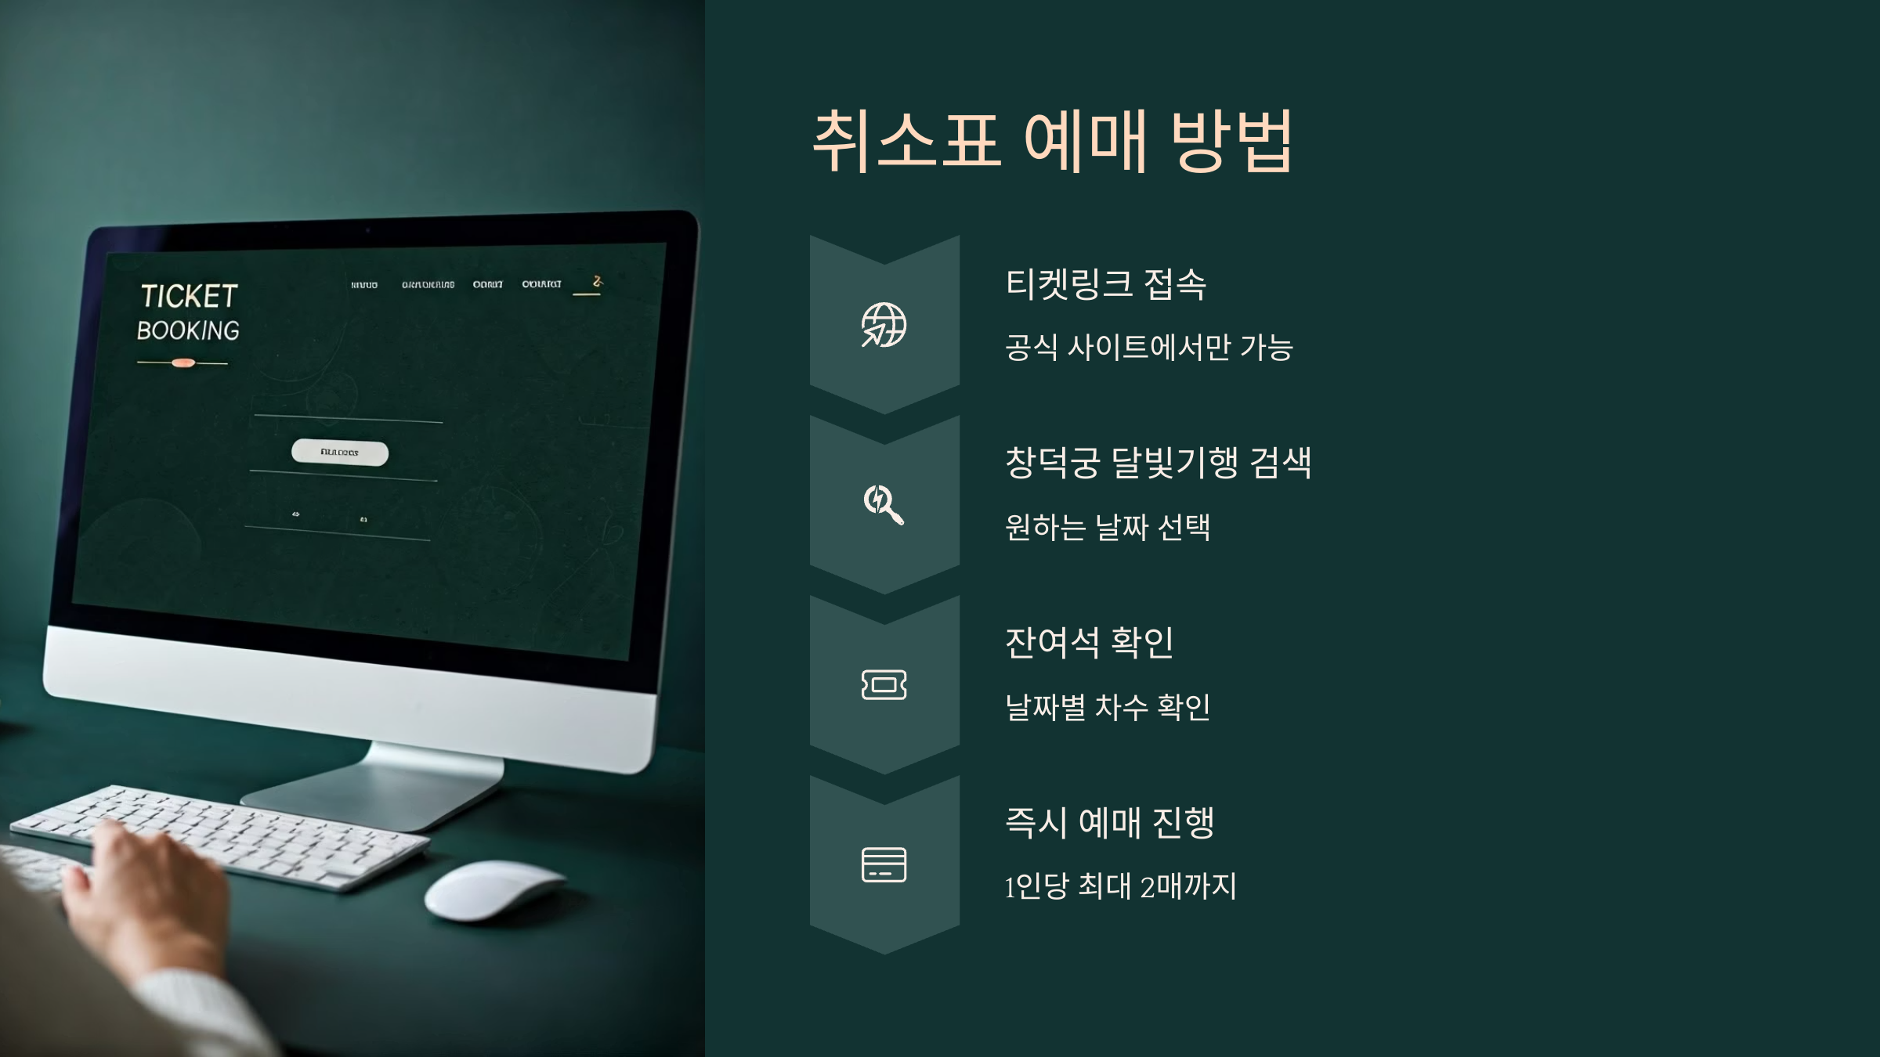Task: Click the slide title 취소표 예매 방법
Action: (1052, 141)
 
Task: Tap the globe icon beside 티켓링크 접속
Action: (884, 324)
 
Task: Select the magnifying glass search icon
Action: (884, 504)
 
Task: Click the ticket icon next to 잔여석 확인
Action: (884, 685)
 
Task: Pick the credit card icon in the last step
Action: (884, 864)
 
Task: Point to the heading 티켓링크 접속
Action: (1105, 283)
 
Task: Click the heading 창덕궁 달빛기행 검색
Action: (1158, 463)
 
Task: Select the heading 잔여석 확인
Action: (1089, 643)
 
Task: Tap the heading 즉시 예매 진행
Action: (1109, 822)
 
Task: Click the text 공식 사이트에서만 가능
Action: (1148, 348)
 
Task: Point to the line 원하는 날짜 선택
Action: (1108, 527)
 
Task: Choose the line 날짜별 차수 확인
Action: (1108, 707)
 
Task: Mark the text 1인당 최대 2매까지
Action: (1120, 886)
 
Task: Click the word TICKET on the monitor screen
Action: (189, 297)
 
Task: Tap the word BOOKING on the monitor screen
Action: (188, 331)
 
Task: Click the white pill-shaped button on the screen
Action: (340, 453)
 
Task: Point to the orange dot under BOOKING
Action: (183, 363)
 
